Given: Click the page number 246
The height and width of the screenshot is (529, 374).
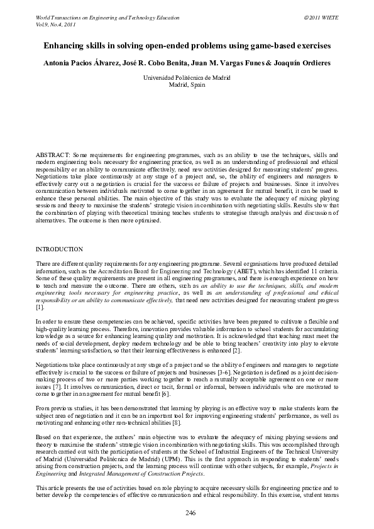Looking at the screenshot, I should (x=190, y=513).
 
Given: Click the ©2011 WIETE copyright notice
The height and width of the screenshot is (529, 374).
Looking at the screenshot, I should (x=321, y=18).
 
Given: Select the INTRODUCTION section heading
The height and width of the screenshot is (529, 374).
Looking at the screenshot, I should (x=60, y=249).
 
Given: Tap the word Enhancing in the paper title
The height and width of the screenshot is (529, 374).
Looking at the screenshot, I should (x=63, y=46).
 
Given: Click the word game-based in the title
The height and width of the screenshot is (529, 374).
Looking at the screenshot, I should (x=251, y=46).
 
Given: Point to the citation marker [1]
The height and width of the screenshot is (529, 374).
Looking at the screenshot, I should (x=40, y=308).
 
